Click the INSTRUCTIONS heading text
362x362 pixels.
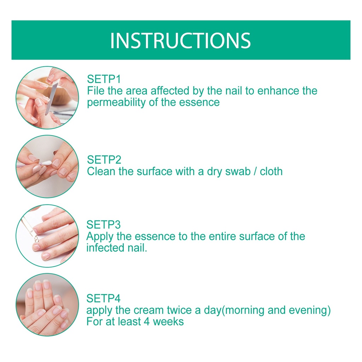click(180, 41)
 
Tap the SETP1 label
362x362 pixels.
click(104, 79)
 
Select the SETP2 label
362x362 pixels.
click(104, 160)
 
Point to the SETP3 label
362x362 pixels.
click(104, 224)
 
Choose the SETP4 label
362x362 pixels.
click(104, 298)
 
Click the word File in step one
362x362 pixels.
click(95, 91)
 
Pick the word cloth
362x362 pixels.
click(271, 171)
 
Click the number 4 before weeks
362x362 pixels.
click(147, 322)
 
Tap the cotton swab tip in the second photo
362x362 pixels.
click(48, 163)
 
